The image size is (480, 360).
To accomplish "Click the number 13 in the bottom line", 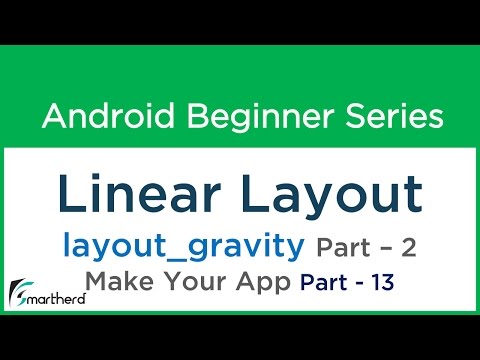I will click(381, 283).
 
